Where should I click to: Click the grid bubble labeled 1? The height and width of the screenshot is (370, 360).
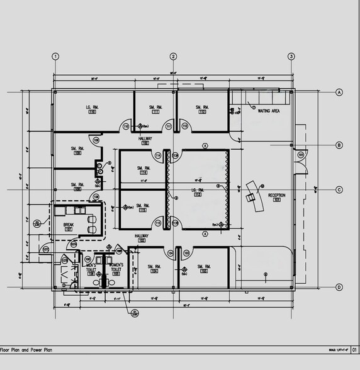[55, 56]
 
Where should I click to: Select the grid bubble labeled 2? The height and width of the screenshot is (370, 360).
[173, 56]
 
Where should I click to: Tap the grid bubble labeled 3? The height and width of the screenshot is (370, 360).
[291, 56]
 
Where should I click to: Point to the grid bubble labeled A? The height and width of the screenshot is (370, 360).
[339, 92]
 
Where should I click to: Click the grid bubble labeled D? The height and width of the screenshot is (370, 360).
[339, 288]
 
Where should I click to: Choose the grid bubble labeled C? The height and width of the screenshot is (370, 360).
[339, 189]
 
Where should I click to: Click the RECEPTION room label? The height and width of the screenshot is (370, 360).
[277, 196]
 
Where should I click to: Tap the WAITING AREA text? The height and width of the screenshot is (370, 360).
[269, 111]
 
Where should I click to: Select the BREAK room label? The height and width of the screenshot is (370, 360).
[69, 225]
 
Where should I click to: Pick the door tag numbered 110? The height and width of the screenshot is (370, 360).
[126, 126]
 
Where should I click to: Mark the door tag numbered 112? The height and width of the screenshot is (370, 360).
[184, 126]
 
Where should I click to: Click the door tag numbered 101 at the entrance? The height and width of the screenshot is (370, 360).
[300, 154]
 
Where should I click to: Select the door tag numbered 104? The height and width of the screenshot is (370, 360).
[170, 253]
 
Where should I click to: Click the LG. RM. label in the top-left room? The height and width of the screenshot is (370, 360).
[93, 108]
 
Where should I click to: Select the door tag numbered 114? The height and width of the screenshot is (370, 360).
[159, 155]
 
